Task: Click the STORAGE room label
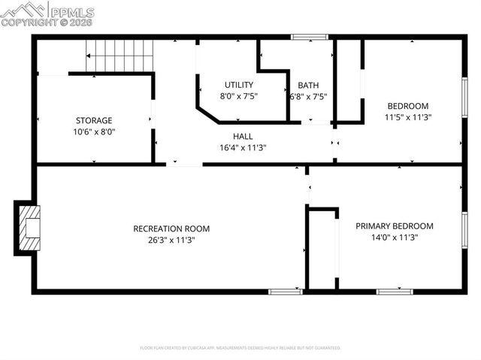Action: point(94,120)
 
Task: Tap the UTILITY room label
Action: point(239,85)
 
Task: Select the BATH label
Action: point(308,85)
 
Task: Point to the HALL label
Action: point(243,136)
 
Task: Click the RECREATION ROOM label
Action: point(171,228)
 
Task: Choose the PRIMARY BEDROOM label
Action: point(395,226)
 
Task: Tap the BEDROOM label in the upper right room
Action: point(408,106)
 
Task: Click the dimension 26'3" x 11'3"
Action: point(171,240)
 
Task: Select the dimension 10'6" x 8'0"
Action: point(94,132)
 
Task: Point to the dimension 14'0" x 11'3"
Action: point(395,237)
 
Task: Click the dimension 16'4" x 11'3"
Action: point(243,147)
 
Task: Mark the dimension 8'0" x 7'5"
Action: point(239,96)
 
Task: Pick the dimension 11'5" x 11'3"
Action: point(408,117)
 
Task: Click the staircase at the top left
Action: point(120,56)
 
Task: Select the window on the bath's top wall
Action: point(310,36)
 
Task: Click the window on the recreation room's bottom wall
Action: point(286,291)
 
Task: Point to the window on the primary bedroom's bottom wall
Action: point(395,291)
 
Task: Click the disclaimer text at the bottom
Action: point(240,348)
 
